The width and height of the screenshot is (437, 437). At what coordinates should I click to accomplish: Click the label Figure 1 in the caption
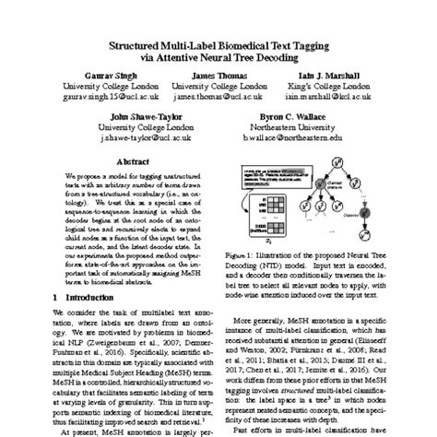coord(254,251)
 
